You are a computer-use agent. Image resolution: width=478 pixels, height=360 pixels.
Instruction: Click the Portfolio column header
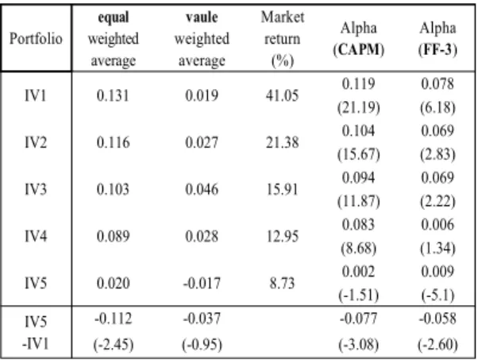pyautogui.click(x=36, y=39)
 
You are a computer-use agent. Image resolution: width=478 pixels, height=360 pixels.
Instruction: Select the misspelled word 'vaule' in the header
pyautogui.click(x=202, y=17)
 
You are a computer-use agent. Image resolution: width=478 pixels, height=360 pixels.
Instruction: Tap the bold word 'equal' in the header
pyautogui.click(x=114, y=17)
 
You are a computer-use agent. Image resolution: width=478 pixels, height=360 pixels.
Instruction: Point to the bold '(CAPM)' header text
pyautogui.click(x=359, y=49)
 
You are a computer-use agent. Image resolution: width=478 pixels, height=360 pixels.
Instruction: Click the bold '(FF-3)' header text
pyautogui.click(x=438, y=49)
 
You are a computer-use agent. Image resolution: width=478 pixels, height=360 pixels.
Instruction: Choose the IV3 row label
pyautogui.click(x=36, y=189)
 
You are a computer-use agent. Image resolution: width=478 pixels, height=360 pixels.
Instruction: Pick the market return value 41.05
pyautogui.click(x=283, y=96)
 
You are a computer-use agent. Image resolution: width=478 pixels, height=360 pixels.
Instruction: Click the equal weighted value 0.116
pyautogui.click(x=113, y=142)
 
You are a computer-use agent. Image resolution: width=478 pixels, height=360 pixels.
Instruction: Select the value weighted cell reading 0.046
pyautogui.click(x=202, y=189)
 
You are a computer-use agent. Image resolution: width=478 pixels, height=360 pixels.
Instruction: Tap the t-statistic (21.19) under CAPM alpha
pyautogui.click(x=359, y=108)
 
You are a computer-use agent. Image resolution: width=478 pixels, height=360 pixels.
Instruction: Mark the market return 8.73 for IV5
pyautogui.click(x=283, y=283)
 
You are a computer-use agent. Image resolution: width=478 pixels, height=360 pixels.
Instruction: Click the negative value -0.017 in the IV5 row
pyautogui.click(x=202, y=283)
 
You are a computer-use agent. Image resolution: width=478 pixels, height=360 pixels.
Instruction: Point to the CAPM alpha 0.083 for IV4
pyautogui.click(x=359, y=225)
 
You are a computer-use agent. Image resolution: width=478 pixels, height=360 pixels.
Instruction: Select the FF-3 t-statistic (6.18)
pyautogui.click(x=438, y=108)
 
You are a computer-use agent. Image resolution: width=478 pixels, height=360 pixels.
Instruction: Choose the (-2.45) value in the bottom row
pyautogui.click(x=114, y=345)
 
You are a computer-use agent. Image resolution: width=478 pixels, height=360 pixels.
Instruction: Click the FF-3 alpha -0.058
pyautogui.click(x=438, y=319)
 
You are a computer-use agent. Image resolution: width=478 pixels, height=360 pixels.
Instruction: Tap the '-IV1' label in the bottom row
pyautogui.click(x=36, y=344)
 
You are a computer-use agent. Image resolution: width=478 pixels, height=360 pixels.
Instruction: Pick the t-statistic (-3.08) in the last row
pyautogui.click(x=359, y=345)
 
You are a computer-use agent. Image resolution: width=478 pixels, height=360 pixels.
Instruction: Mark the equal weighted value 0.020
pyautogui.click(x=113, y=283)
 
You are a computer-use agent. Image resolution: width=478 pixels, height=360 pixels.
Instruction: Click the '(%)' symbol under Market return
pyautogui.click(x=283, y=61)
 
